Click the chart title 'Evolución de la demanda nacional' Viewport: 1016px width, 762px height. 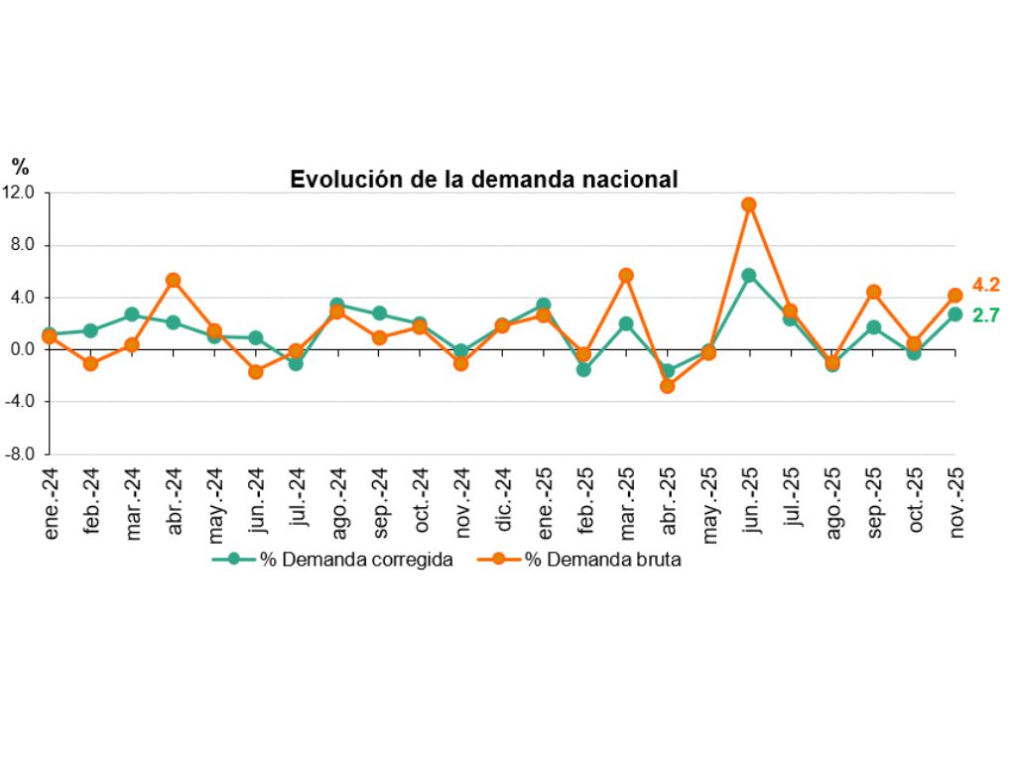(483, 179)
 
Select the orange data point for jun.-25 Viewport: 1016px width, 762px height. (749, 204)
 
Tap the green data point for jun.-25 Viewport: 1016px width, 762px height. (749, 275)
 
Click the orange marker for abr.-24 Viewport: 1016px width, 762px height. (173, 280)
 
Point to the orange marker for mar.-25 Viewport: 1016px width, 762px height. (626, 275)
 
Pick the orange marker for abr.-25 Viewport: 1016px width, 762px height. (667, 386)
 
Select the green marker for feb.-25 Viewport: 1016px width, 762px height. (584, 369)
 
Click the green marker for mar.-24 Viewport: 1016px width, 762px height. (131, 315)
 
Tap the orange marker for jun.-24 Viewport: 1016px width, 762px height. (255, 372)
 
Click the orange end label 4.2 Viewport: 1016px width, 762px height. (984, 285)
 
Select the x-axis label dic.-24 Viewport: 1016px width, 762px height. (503, 504)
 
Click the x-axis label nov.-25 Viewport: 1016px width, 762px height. (956, 504)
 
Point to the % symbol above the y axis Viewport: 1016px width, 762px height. (21, 168)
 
